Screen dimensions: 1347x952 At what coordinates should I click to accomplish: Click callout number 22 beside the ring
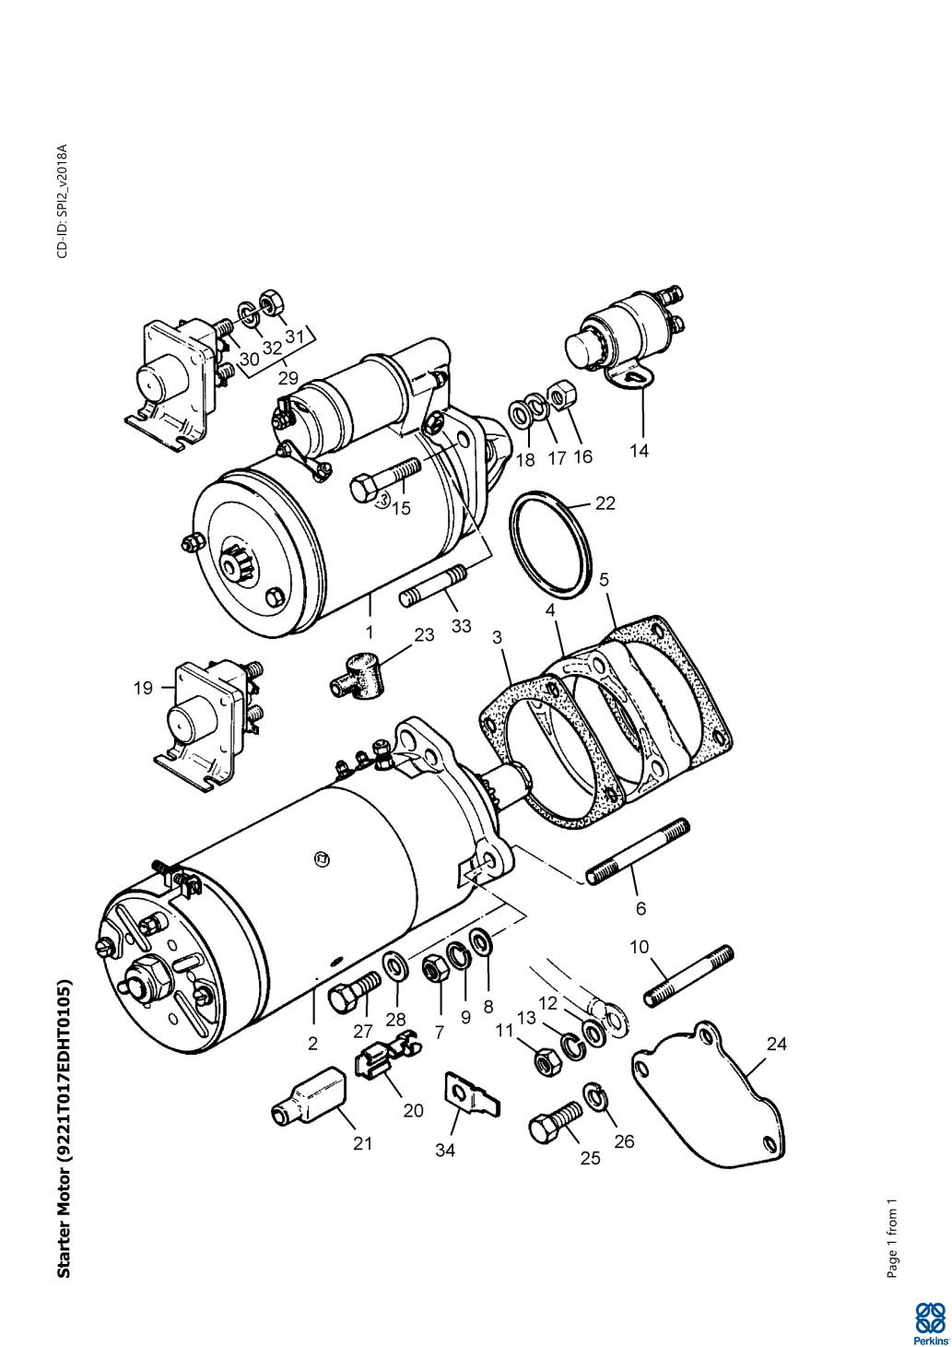pyautogui.click(x=605, y=503)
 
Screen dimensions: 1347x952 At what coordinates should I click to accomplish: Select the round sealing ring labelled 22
pyautogui.click(x=551, y=546)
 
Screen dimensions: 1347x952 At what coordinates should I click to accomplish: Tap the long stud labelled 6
pyautogui.click(x=638, y=851)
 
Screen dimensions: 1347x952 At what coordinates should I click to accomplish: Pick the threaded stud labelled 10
pyautogui.click(x=688, y=976)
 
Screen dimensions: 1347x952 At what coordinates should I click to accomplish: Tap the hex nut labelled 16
pyautogui.click(x=562, y=396)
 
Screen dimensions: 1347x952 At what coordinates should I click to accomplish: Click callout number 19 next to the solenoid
pyautogui.click(x=143, y=687)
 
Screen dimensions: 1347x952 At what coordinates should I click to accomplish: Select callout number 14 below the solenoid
pyautogui.click(x=639, y=450)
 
